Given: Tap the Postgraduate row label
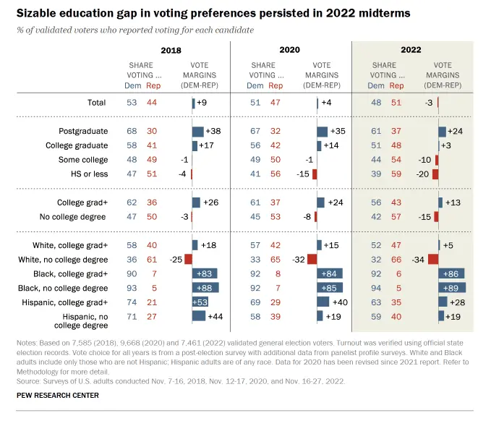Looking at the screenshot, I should coord(82,132).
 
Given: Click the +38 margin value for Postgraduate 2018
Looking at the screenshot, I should coord(213,132).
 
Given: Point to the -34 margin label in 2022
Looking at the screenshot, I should coord(417,259).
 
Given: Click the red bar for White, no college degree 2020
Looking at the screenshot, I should coord(312,259).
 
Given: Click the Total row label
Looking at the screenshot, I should coord(96,103).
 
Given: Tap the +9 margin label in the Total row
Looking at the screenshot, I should coord(204,103).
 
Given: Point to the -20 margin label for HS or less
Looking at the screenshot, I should coord(424,174).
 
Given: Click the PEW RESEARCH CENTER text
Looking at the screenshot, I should coord(58,396).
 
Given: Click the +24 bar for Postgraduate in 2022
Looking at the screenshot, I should coord(442,132).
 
